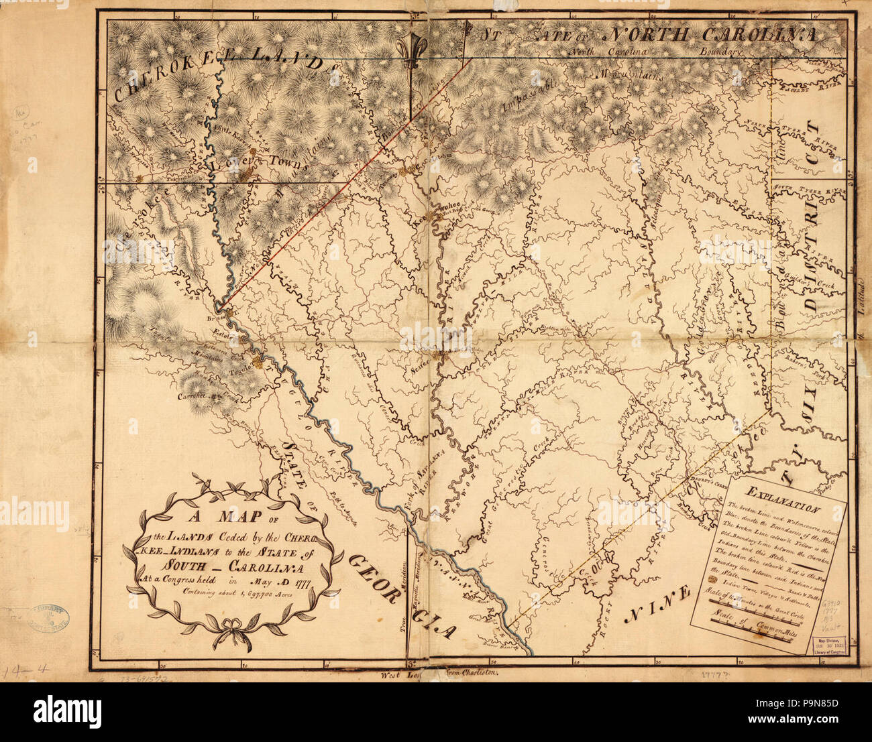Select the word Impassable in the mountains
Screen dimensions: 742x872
[527, 98]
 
